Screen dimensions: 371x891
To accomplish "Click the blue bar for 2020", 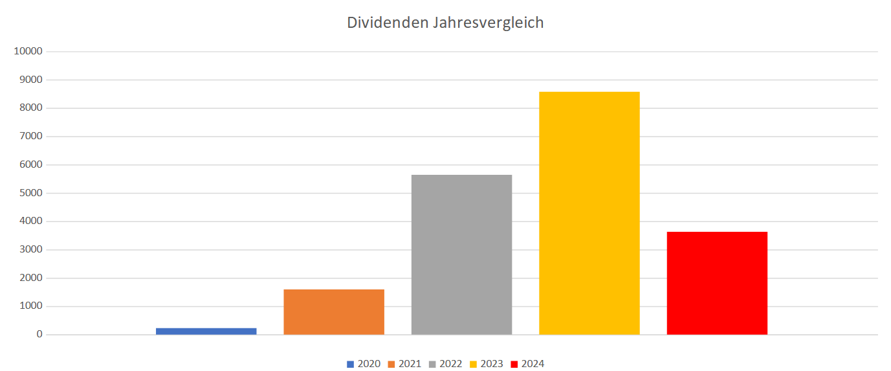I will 206,331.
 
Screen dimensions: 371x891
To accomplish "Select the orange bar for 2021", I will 334,312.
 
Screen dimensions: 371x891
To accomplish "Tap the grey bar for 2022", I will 461,254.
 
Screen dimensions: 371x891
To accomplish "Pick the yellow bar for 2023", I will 589,213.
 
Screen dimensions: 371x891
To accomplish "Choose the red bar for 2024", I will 717,283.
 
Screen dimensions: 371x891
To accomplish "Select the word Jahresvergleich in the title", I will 488,23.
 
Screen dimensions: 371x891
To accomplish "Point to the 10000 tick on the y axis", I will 28,52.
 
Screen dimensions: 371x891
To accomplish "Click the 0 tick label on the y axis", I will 39,335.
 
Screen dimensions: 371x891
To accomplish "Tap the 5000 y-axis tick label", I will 30,193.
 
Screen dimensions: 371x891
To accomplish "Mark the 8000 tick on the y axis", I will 30,108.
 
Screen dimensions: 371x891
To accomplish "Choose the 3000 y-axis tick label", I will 30,250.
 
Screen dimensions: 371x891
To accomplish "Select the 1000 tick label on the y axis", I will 30,306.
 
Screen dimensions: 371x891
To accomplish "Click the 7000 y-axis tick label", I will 30,137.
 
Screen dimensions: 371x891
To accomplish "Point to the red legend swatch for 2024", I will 514,364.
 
